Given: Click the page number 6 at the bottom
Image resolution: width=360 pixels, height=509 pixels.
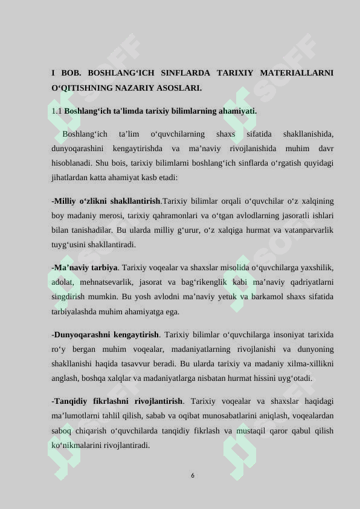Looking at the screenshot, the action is point(192,476).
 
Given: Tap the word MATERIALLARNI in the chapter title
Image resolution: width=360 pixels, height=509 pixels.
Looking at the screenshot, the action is point(297,73).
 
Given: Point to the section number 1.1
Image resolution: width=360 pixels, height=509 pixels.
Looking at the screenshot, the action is point(57,111).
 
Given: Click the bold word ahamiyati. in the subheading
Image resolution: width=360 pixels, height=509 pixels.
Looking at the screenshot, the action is point(237,111).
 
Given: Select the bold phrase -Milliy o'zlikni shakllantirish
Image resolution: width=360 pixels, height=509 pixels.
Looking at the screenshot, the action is point(106,201).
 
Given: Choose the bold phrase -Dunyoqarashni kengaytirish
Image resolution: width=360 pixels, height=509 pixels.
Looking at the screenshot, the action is point(106,334).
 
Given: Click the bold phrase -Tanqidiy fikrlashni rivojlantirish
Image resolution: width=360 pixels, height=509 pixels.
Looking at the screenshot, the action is point(117,401).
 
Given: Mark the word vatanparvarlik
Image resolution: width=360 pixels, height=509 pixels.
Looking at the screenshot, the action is point(307,230).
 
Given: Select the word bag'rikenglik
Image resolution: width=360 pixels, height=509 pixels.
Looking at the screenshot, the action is point(218,282).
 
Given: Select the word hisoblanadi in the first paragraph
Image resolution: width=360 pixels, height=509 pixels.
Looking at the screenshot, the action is point(73,163).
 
